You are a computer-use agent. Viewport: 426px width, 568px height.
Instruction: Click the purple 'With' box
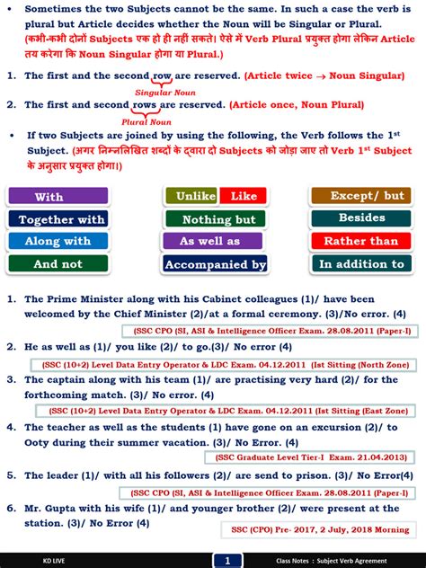point(58,196)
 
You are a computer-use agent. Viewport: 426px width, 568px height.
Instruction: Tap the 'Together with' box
point(58,218)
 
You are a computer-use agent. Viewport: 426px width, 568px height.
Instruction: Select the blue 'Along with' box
point(58,241)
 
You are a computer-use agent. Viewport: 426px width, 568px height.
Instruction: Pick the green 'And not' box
point(58,264)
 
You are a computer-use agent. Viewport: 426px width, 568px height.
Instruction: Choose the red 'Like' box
point(243,196)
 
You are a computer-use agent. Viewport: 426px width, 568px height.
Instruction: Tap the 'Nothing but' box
point(216,218)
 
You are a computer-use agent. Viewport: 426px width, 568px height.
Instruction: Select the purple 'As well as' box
point(216,241)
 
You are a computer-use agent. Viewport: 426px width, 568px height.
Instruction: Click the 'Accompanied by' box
point(216,264)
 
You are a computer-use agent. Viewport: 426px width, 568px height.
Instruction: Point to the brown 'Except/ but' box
point(361,195)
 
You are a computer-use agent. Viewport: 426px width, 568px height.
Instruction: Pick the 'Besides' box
point(361,217)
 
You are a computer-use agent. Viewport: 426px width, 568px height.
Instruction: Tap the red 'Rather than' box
point(361,241)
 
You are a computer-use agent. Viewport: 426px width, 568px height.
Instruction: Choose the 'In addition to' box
point(361,264)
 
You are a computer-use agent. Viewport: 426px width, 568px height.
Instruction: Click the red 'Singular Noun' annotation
point(164,92)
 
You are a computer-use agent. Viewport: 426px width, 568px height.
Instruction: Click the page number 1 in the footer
point(228,561)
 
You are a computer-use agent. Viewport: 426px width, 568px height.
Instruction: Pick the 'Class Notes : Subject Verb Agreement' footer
point(339,561)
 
